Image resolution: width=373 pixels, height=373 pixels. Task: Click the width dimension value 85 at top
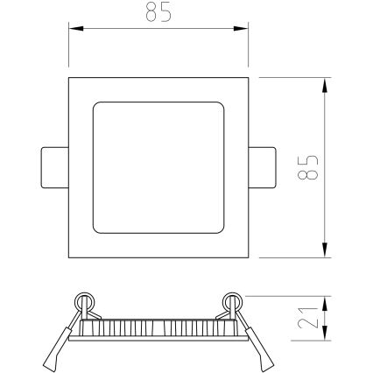[158, 13]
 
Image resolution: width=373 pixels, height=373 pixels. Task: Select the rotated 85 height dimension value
[307, 167]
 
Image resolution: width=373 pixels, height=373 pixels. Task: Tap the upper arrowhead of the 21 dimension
[326, 300]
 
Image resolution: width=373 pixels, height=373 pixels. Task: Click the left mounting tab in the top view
[54, 167]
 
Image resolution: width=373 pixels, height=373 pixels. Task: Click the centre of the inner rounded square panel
[158, 167]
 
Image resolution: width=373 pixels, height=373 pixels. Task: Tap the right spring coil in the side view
[233, 301]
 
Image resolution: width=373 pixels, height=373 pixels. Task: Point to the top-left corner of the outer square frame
[69, 78]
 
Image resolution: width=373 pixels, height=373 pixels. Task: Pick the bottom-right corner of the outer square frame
[248, 257]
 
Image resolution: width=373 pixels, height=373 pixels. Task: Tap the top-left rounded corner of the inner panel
[95, 106]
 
